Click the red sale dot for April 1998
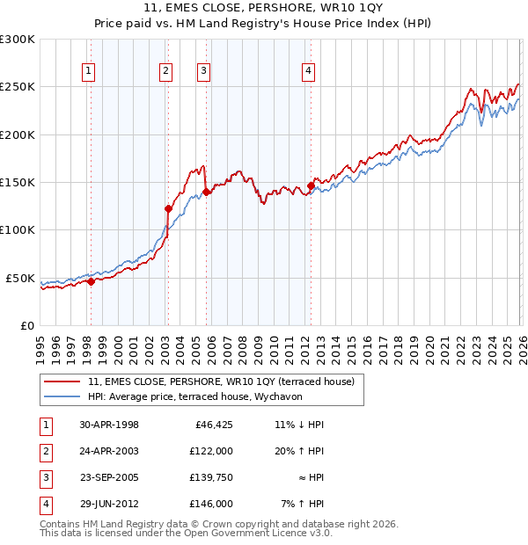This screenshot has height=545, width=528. click(x=91, y=281)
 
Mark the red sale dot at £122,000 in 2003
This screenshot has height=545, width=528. click(x=167, y=209)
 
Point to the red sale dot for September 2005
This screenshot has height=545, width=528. click(x=205, y=192)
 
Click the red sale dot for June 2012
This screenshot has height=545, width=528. click(x=311, y=186)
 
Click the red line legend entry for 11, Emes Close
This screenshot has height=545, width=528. click(x=221, y=381)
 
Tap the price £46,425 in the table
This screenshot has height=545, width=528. click(x=213, y=425)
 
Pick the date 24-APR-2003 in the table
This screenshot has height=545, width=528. click(x=108, y=451)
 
